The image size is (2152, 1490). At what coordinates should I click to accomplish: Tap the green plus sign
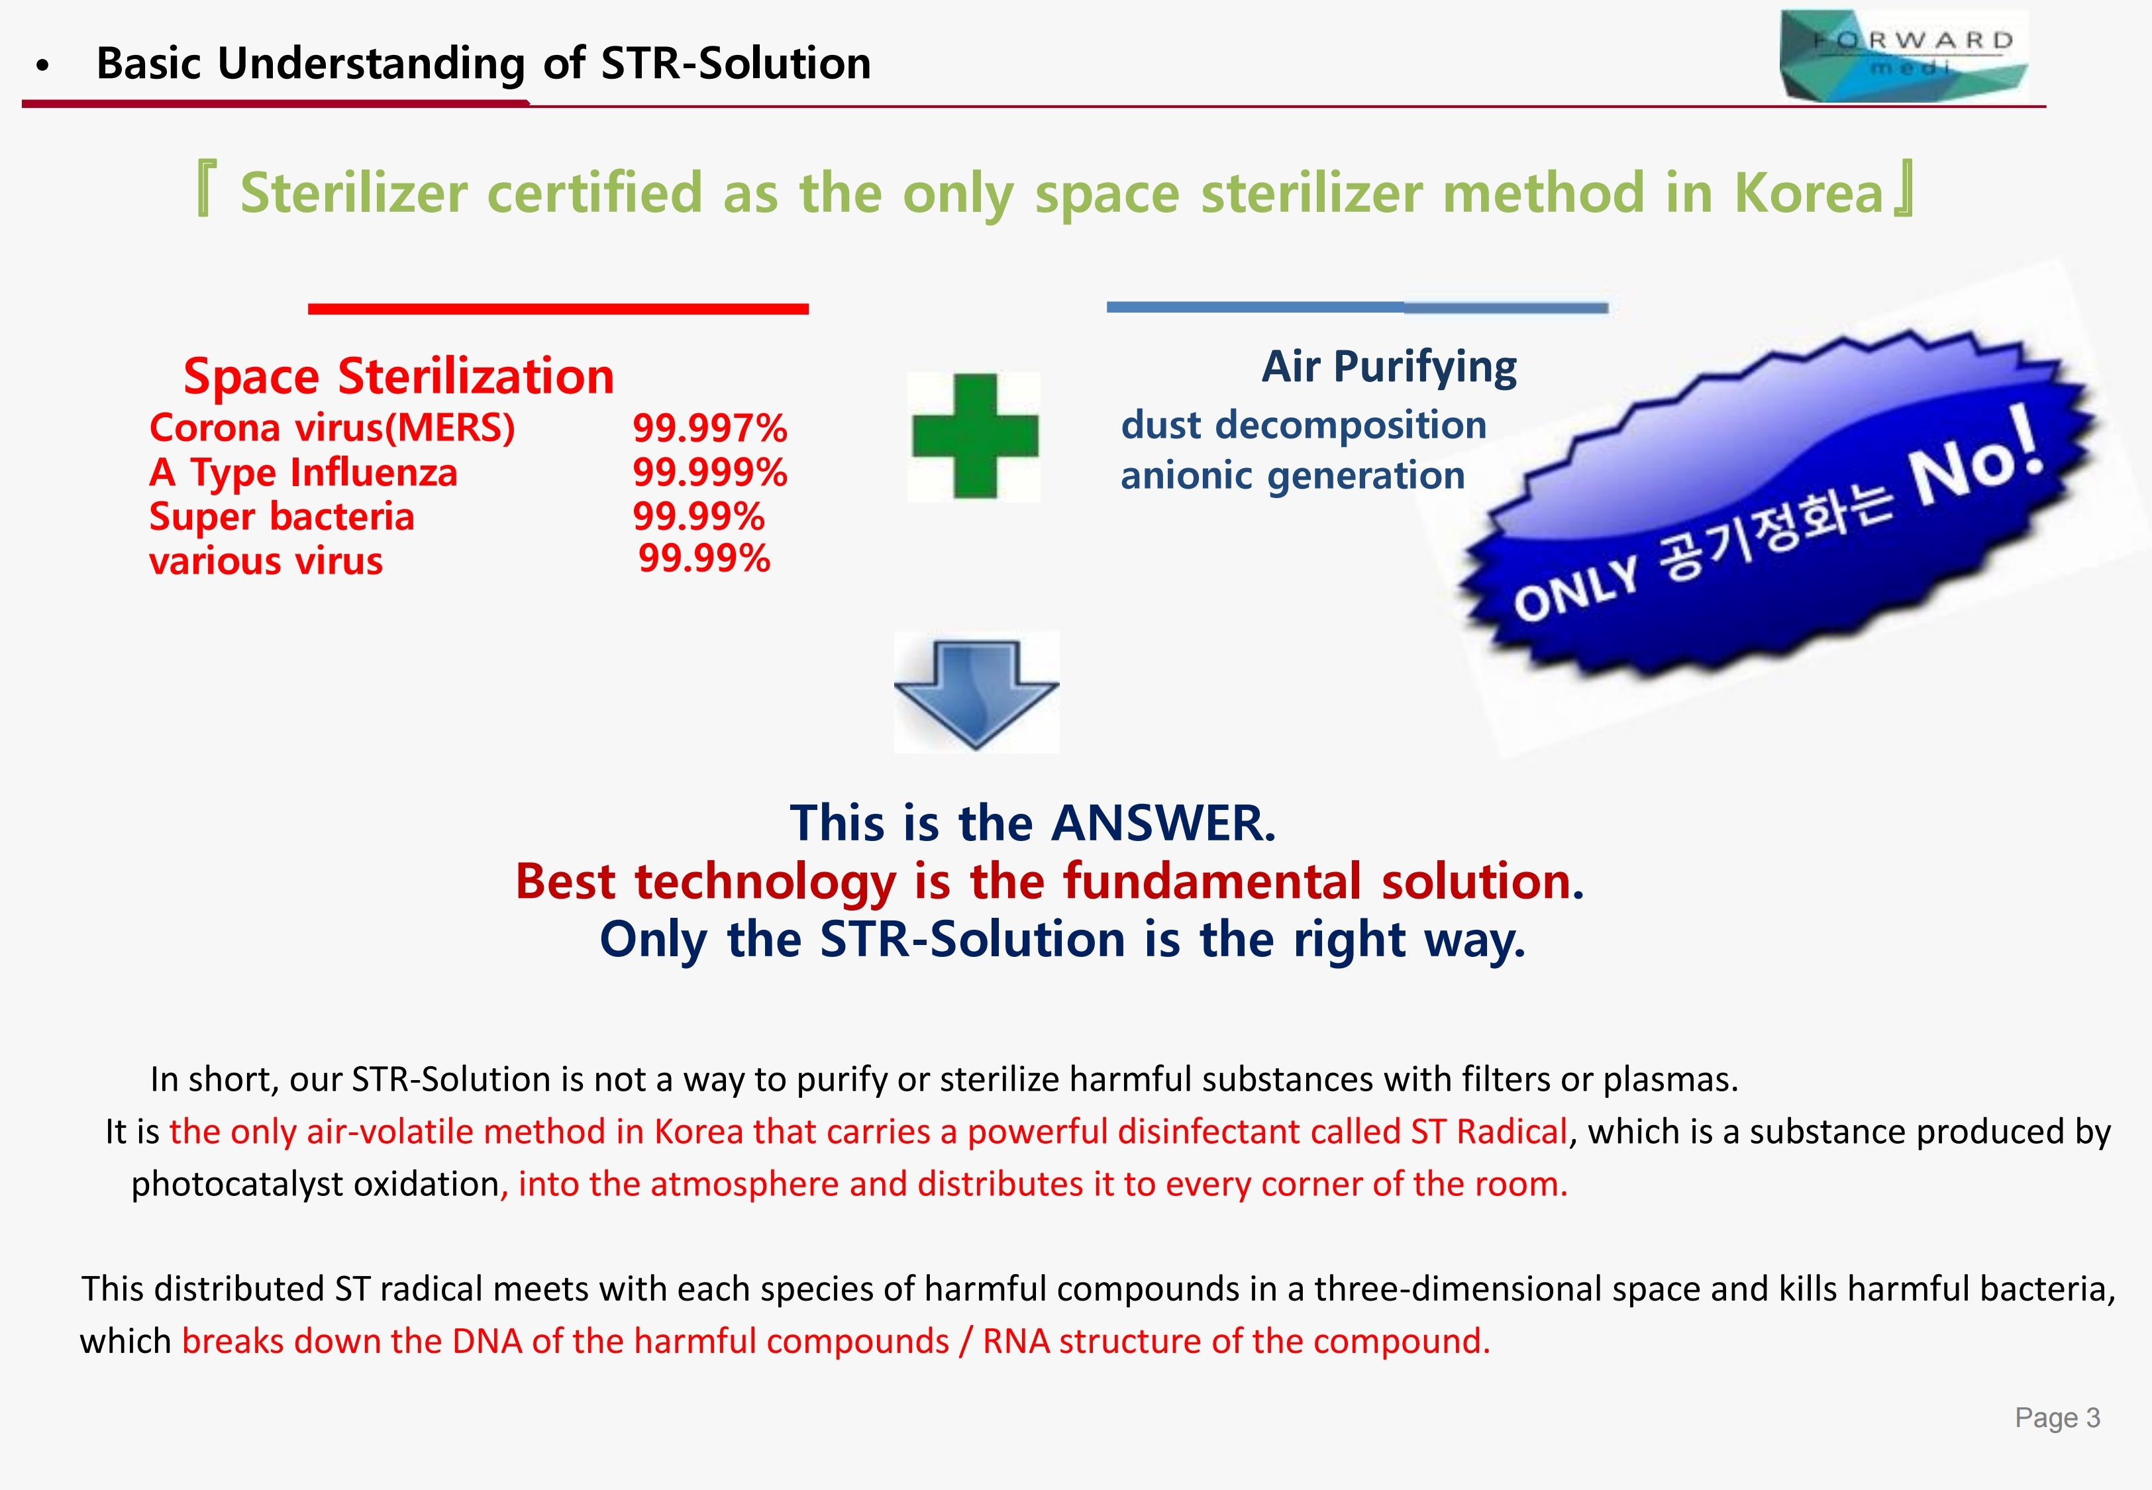pos(975,436)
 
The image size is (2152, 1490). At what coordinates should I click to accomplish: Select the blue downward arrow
pos(976,693)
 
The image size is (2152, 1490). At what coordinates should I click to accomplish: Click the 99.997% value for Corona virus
pos(709,428)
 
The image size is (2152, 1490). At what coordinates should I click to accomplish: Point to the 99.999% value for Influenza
pos(709,472)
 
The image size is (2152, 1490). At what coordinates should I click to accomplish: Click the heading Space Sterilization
pos(399,376)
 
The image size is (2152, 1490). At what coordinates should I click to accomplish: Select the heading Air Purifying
pos(1389,367)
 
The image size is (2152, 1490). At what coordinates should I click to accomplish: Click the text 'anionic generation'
pos(1293,476)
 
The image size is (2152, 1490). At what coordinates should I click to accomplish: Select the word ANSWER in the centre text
pos(1163,823)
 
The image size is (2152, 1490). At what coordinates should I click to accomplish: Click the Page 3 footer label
pos(2057,1417)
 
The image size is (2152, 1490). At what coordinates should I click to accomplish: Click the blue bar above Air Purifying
pos(1357,307)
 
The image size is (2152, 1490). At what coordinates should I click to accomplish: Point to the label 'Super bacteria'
pos(282,517)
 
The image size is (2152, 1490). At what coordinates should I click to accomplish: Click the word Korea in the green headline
pos(1808,193)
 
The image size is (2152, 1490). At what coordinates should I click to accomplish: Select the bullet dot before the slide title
pos(42,66)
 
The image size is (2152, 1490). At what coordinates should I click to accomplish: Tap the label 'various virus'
pos(266,561)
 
